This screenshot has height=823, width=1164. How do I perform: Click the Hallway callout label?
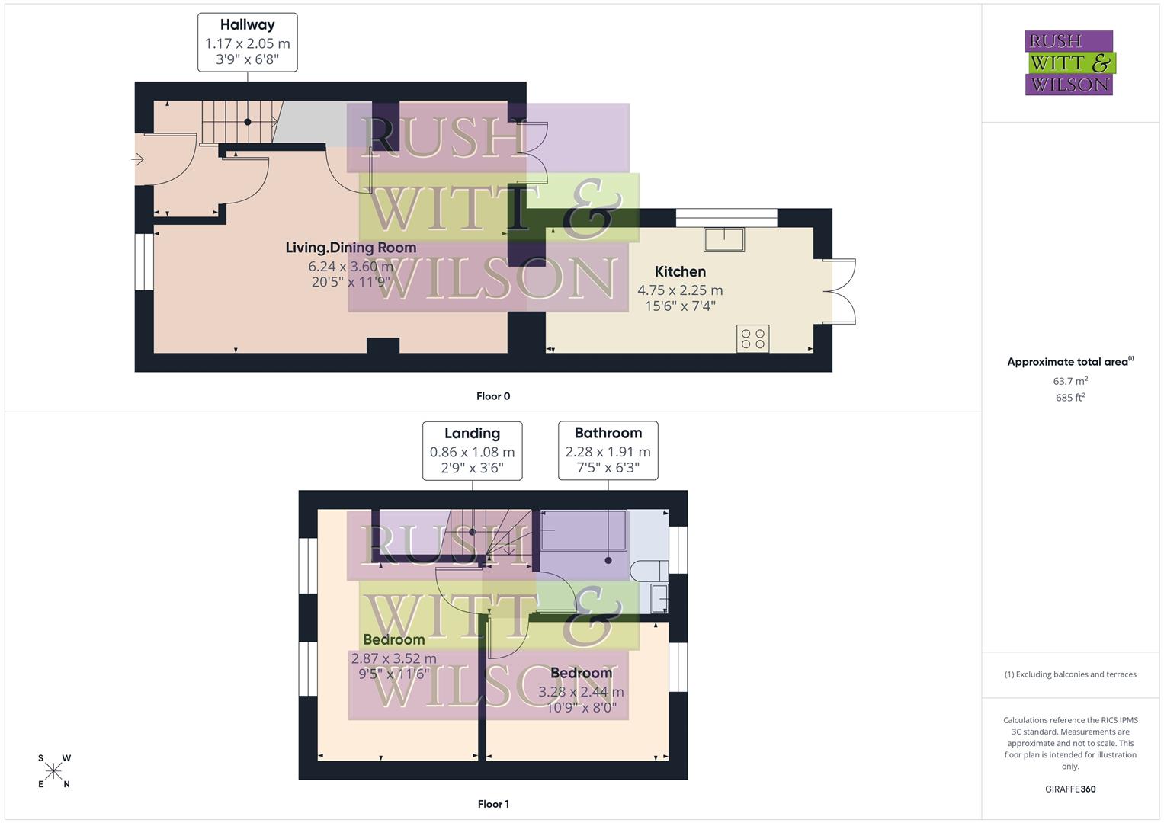coord(247,43)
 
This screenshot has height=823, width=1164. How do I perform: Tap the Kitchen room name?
coord(680,271)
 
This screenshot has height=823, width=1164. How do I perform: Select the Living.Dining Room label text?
coord(351,248)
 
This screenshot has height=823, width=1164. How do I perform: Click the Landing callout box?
coord(472,450)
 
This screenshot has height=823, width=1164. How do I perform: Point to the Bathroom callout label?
coord(608,450)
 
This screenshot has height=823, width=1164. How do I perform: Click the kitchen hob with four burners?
coord(753,338)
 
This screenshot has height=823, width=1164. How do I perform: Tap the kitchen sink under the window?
coord(724,239)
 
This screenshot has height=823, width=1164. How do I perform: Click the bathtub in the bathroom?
coord(583,530)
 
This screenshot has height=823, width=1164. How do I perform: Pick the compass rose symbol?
coord(54,771)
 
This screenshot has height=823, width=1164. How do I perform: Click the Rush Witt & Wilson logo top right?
coord(1069,63)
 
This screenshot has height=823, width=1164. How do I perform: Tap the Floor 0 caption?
coord(493,396)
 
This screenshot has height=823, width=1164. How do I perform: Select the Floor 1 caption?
coord(493,804)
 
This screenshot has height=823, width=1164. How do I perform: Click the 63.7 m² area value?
coord(1070,381)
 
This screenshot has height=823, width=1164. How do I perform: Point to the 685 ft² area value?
coord(1070,398)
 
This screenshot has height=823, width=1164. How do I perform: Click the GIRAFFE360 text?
coord(1070,789)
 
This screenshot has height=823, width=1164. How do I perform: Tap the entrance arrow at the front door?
coord(138,159)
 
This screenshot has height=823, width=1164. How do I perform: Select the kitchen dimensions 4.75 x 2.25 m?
coord(680,290)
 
